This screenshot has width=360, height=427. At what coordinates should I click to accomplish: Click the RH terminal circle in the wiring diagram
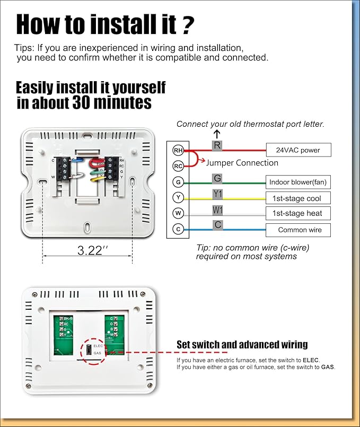[x=178, y=151]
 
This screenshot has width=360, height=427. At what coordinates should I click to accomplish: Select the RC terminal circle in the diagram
[x=178, y=166]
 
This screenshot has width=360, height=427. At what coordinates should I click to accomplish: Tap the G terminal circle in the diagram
[x=178, y=182]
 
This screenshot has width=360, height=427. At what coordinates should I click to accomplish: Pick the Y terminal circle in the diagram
[x=178, y=198]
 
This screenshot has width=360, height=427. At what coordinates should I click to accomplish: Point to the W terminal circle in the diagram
[x=178, y=213]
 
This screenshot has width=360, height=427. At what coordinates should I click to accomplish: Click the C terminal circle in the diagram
[x=178, y=229]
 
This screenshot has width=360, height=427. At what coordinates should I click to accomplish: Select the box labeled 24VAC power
[x=298, y=150]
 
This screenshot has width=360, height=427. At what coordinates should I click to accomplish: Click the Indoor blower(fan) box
[x=298, y=182]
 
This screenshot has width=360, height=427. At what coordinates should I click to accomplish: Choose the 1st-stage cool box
[x=298, y=198]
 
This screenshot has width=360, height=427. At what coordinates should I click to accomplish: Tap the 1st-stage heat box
[x=298, y=213]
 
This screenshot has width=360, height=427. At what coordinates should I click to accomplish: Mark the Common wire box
[x=298, y=230]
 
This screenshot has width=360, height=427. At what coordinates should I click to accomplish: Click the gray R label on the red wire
[x=217, y=145]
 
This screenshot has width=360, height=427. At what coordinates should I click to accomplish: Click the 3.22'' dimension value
[x=89, y=250]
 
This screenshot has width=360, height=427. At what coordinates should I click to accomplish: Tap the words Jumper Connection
[x=242, y=163]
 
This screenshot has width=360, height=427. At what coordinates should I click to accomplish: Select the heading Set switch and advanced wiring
[x=242, y=345]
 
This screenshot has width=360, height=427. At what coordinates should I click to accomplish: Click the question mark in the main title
[x=188, y=24]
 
